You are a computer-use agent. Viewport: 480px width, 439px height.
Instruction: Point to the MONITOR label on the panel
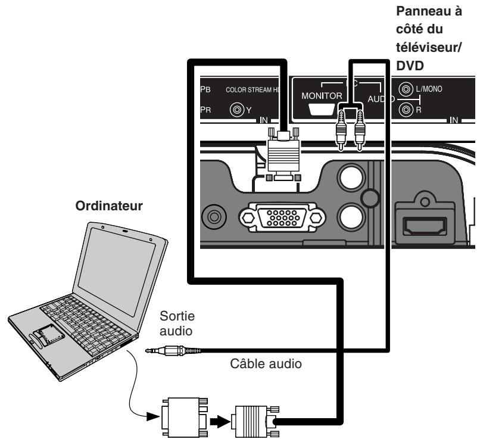tap(321, 95)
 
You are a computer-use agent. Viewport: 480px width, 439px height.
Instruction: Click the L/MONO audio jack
tap(407, 89)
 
